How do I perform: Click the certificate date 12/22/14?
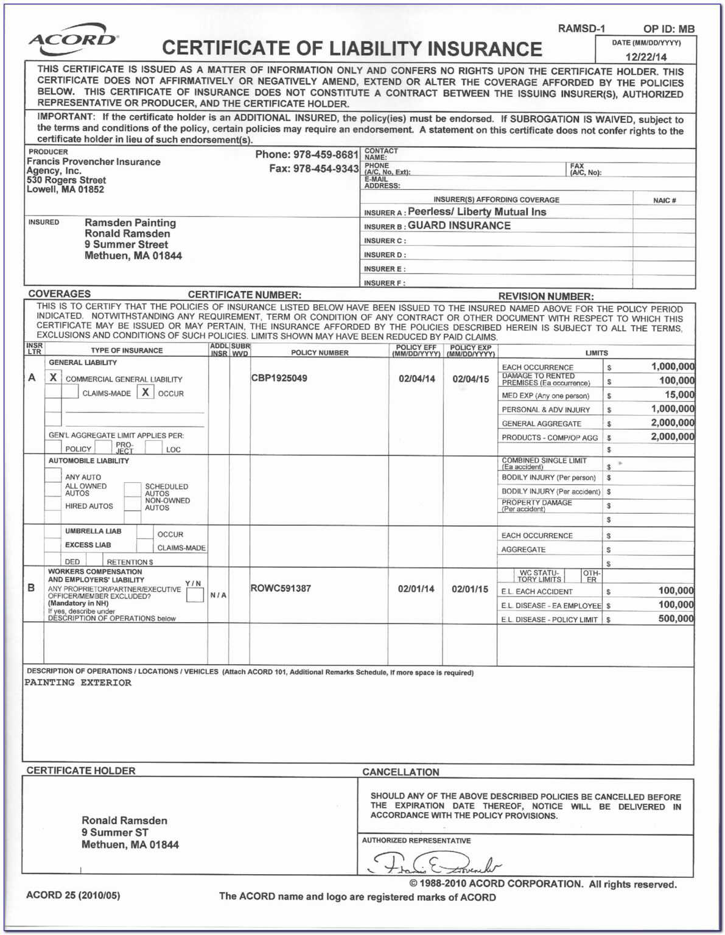pyautogui.click(x=646, y=57)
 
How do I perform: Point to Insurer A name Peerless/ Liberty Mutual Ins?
pyautogui.click(x=477, y=212)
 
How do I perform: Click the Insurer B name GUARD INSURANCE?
pyautogui.click(x=459, y=225)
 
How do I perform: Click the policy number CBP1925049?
pyautogui.click(x=279, y=378)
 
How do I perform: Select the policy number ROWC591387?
pyautogui.click(x=281, y=589)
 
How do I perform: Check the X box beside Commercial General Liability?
pyautogui.click(x=54, y=377)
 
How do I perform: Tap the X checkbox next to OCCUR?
pyautogui.click(x=145, y=392)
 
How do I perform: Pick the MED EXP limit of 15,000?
pyautogui.click(x=679, y=394)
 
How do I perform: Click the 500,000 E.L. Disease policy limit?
pyautogui.click(x=676, y=618)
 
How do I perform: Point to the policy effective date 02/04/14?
pyautogui.click(x=417, y=379)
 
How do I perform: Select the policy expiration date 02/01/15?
pyautogui.click(x=470, y=589)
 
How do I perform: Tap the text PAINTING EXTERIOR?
pyautogui.click(x=78, y=683)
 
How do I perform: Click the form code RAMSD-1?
pyautogui.click(x=581, y=29)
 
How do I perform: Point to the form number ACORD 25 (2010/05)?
pyautogui.click(x=73, y=895)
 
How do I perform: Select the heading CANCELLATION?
pyautogui.click(x=401, y=772)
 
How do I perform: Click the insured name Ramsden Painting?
pyautogui.click(x=130, y=223)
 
